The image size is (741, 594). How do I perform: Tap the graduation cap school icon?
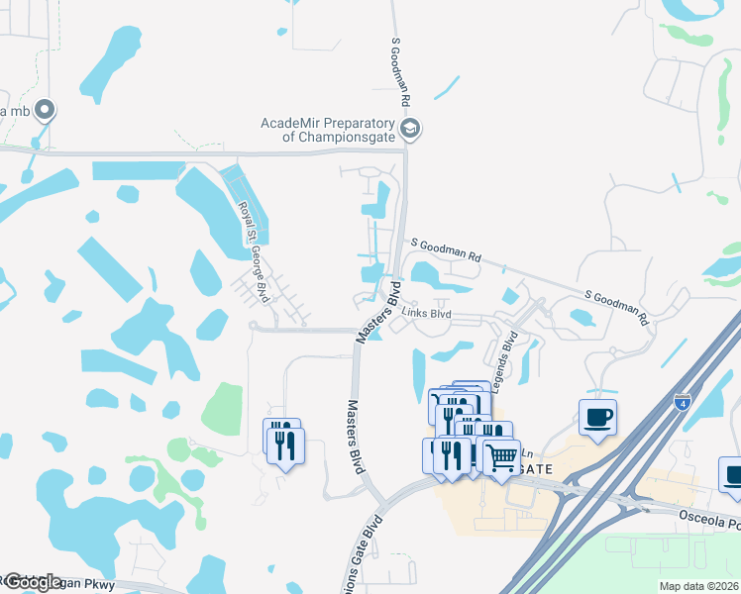[409, 129]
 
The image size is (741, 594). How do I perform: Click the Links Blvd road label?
[427, 313]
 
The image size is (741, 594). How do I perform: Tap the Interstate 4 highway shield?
[682, 402]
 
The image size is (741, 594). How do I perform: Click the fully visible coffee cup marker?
[597, 417]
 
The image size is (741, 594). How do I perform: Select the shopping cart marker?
[502, 456]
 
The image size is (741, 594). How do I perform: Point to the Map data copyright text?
[699, 586]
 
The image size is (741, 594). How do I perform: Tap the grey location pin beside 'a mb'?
[44, 109]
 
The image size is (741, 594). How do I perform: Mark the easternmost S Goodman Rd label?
[615, 308]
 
